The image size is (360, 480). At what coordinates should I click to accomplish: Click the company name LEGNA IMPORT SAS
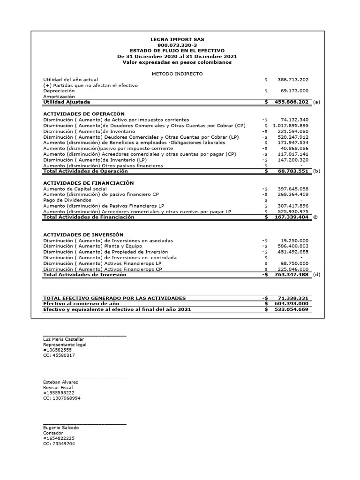pyautogui.click(x=177, y=39)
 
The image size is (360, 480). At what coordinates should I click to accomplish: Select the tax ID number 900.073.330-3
pyautogui.click(x=177, y=45)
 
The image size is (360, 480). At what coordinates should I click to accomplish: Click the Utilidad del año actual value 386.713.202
pyautogui.click(x=290, y=80)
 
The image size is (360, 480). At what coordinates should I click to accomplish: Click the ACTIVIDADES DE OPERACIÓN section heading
pyautogui.click(x=84, y=114)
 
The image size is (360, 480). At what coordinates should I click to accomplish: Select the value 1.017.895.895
pyautogui.click(x=290, y=126)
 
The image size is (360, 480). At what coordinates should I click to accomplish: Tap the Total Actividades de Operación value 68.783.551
pyautogui.click(x=292, y=172)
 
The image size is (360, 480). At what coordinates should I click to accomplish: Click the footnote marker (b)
pyautogui.click(x=316, y=172)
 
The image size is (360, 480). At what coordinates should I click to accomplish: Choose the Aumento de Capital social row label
pyautogui.click(x=75, y=189)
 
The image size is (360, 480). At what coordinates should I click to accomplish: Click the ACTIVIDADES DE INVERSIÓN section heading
pyautogui.click(x=83, y=234)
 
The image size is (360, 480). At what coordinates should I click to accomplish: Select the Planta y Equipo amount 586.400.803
pyautogui.click(x=290, y=246)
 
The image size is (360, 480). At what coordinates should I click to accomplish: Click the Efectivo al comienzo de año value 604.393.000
pyautogui.click(x=290, y=304)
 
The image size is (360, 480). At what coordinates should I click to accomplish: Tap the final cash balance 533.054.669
pyautogui.click(x=290, y=310)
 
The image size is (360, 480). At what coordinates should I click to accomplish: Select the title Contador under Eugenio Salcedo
pyautogui.click(x=53, y=433)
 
